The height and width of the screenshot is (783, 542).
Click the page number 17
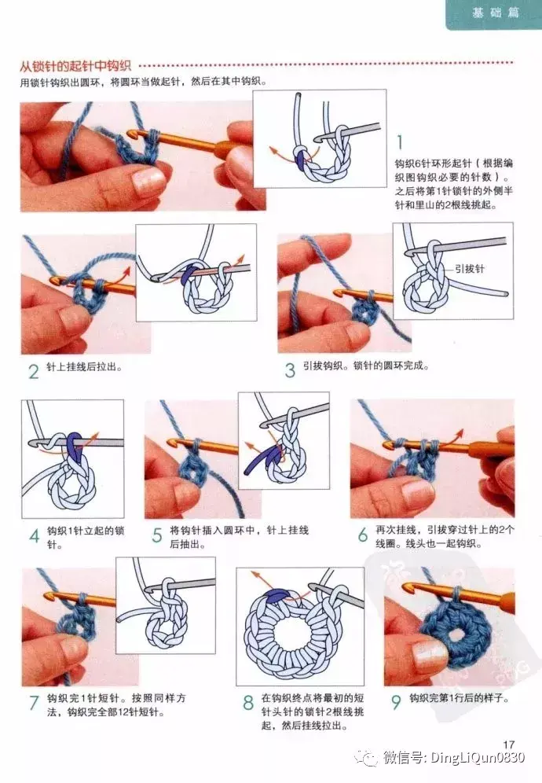pyautogui.click(x=508, y=744)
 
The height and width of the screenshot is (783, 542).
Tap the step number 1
pyautogui.click(x=400, y=142)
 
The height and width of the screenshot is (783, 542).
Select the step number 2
pyautogui.click(x=34, y=371)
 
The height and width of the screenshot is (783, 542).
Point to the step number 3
pyautogui.click(x=290, y=370)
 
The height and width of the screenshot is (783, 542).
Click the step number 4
pyautogui.click(x=34, y=536)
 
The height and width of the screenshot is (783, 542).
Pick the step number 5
pyautogui.click(x=157, y=536)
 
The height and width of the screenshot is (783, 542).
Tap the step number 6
pyautogui.click(x=363, y=535)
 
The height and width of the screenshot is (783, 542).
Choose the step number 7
pyautogui.click(x=34, y=703)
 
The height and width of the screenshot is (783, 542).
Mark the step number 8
pyautogui.click(x=248, y=703)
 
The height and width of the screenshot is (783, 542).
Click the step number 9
pyautogui.click(x=396, y=702)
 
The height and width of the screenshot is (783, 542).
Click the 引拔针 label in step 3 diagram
pyautogui.click(x=469, y=269)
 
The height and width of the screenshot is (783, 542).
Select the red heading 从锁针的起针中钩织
pyautogui.click(x=75, y=66)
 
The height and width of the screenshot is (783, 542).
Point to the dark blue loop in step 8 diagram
pyautogui.click(x=276, y=594)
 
